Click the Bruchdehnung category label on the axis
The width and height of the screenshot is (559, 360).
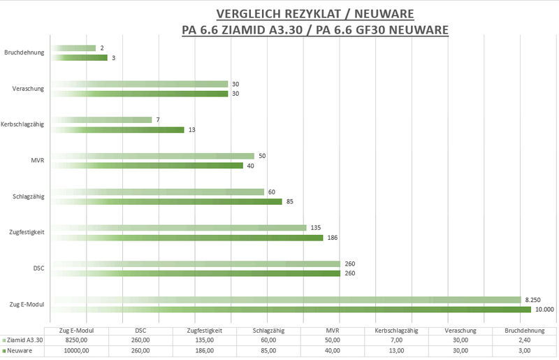(24, 52)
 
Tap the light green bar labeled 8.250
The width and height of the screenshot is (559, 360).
(286, 299)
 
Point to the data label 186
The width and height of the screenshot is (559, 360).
(333, 238)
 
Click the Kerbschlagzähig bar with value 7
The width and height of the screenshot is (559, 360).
(102, 120)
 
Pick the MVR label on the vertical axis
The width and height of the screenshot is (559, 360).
(38, 161)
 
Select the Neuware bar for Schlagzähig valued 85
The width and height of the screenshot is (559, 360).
(167, 201)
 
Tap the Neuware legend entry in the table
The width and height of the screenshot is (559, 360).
(20, 351)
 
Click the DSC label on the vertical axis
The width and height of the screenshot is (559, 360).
(38, 268)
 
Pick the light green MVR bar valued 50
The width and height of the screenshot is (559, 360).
(153, 156)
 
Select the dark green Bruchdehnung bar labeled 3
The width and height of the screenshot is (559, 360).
(80, 57)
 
